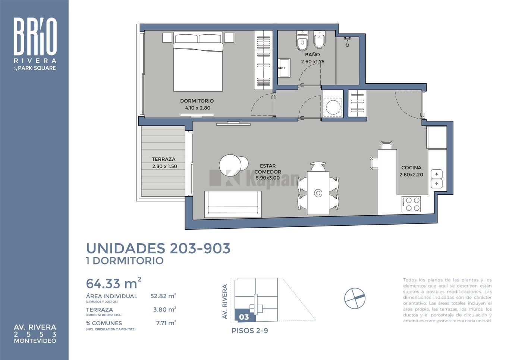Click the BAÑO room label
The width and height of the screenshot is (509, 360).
point(312,54)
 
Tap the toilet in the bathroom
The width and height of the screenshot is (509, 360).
point(302,41)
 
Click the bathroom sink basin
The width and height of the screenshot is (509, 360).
point(284,68)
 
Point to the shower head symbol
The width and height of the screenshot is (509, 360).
point(347,41)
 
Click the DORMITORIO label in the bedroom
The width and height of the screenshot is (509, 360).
point(197,101)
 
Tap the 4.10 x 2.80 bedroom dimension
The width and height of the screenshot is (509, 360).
point(198,108)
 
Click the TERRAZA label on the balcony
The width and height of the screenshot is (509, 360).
point(164,159)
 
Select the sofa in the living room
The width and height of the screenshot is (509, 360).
point(233,204)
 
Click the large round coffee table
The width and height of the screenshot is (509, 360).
point(230,165)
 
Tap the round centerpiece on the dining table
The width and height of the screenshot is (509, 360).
point(318,193)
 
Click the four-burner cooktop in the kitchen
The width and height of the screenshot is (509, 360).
point(411,204)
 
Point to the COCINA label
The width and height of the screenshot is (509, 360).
point(411,168)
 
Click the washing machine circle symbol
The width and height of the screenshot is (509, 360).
point(333,107)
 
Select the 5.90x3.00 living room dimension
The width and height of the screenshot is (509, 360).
point(268,178)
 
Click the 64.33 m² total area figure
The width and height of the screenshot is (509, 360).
point(113,283)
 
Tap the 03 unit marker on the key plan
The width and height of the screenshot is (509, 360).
point(244,317)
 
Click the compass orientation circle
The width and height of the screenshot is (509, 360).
point(355,298)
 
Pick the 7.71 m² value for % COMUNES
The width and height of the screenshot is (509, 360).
point(166,323)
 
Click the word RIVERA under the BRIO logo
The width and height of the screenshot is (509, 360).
point(35,61)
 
